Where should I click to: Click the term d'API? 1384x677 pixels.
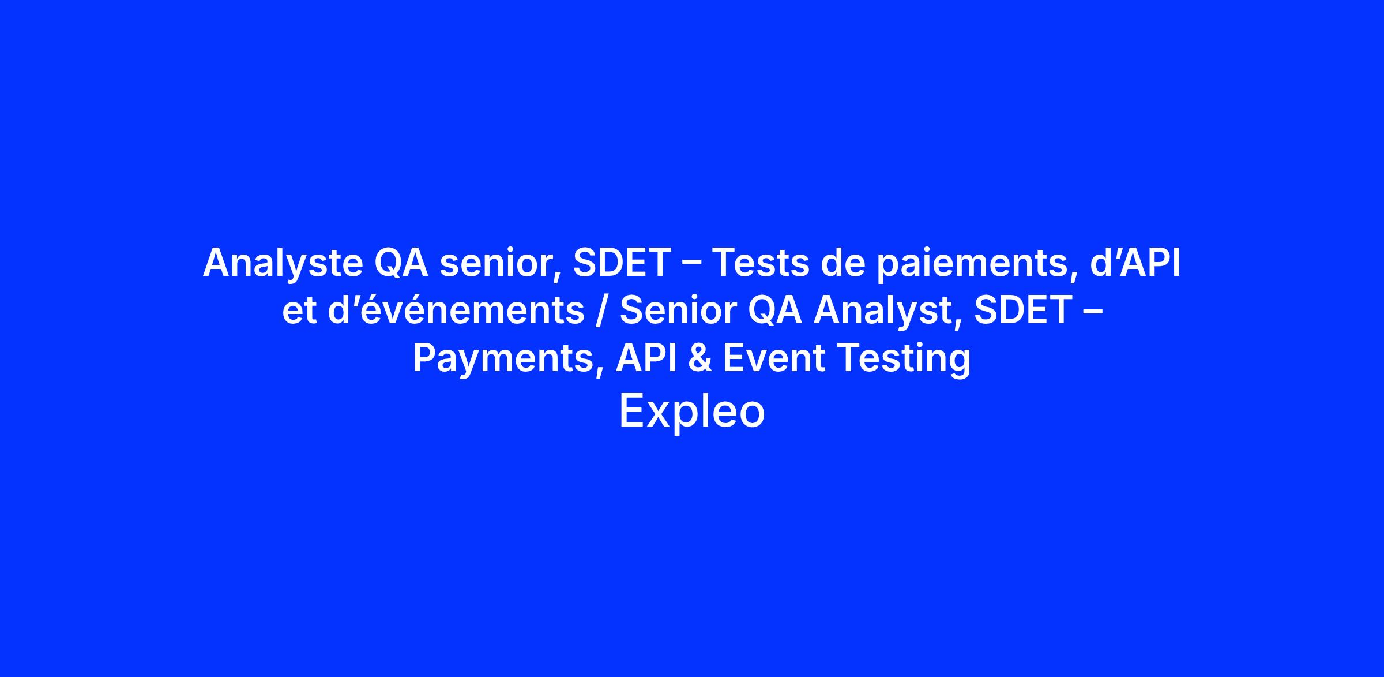[x=1135, y=263]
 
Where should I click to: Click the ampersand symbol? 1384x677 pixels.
[x=700, y=358]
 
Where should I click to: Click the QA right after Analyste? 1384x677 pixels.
[x=401, y=263]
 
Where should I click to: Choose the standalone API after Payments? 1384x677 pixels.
[x=646, y=358]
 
